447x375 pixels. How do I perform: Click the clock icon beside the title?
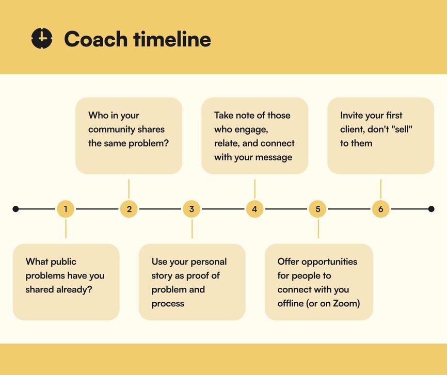coord(42,38)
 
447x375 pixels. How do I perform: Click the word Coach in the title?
coord(96,39)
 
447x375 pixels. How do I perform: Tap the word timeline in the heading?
coord(172,39)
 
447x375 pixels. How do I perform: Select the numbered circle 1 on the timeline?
coord(66,209)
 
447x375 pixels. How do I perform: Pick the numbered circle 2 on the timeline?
coord(129,209)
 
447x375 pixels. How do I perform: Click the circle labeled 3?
coord(191,209)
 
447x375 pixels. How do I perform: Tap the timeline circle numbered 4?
coord(254,209)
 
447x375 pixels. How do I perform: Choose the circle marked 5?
coord(318,209)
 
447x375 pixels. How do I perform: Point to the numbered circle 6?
coord(380,209)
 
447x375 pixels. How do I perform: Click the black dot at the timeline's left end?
coord(15,209)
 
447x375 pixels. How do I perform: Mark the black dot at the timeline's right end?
coord(432,209)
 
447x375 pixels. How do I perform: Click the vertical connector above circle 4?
coord(255,189)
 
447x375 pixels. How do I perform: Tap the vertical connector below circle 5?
coord(318,229)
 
